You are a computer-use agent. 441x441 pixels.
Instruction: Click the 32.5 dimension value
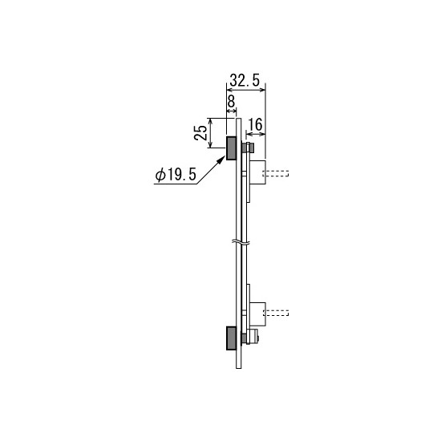point(245,81)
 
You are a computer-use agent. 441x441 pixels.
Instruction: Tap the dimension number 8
point(231,102)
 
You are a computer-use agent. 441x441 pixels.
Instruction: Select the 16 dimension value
point(256,124)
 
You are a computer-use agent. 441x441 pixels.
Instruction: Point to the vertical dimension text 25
point(200,133)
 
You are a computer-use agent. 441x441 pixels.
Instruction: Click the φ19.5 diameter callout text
point(176,175)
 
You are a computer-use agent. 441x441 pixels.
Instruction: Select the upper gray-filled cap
point(231,148)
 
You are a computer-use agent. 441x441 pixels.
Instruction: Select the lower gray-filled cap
point(231,338)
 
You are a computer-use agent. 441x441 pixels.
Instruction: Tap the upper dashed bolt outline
point(276,173)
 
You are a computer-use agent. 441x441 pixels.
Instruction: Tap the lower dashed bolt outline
point(276,313)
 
